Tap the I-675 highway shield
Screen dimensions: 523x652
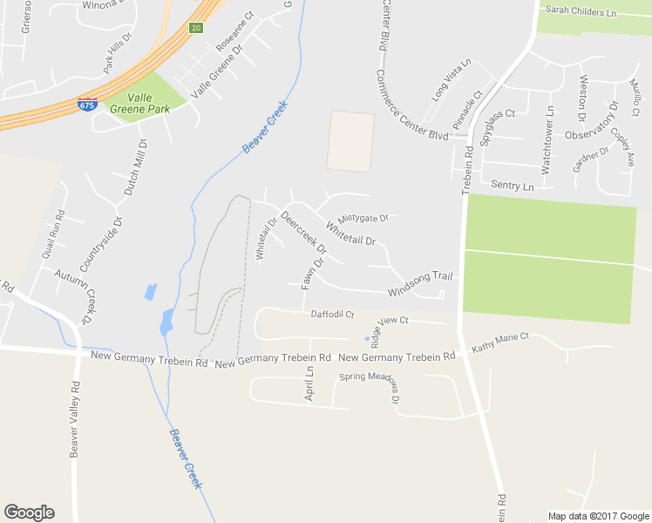click(86, 104)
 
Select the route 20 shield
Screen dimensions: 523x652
click(195, 28)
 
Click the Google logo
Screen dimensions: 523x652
click(29, 513)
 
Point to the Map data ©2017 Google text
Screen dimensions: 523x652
click(597, 516)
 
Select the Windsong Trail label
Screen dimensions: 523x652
click(420, 282)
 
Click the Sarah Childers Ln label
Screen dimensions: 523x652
click(580, 12)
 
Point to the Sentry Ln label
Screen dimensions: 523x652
click(512, 186)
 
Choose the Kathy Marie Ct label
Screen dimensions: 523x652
click(500, 343)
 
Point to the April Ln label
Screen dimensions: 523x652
click(309, 383)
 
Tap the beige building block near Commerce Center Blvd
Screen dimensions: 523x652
click(350, 141)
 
